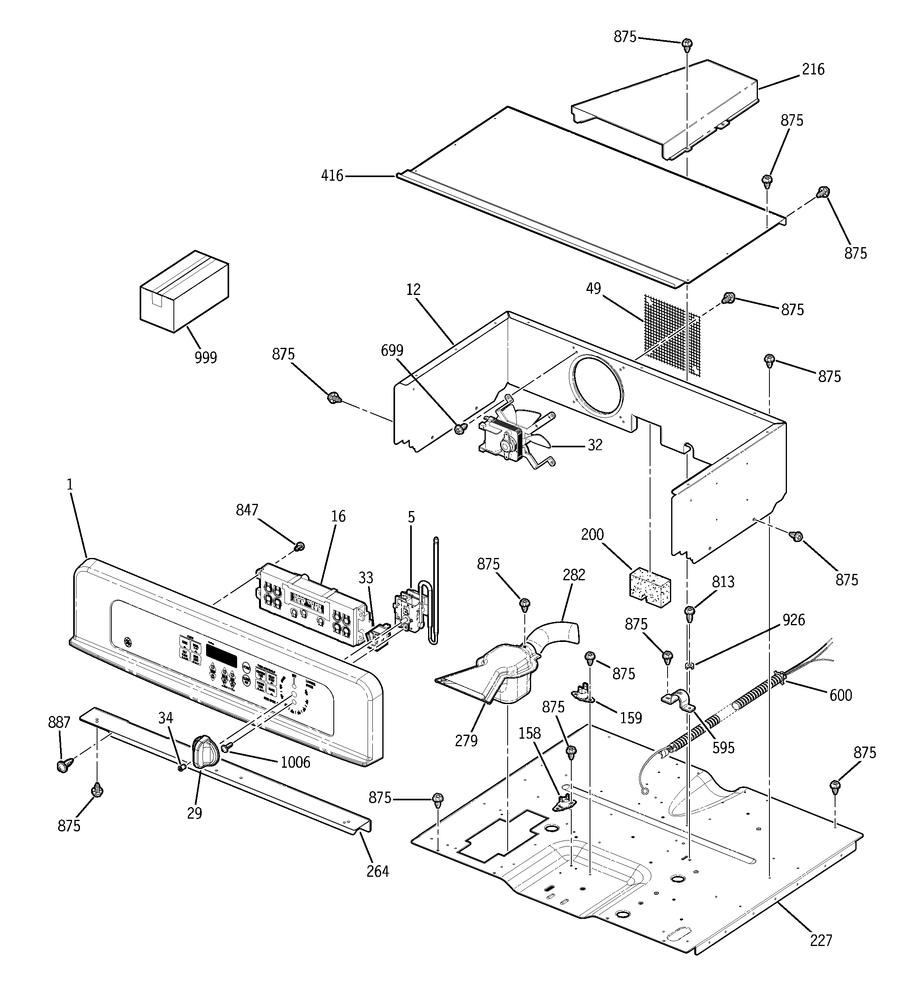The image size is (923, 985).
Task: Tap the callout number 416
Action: (x=332, y=176)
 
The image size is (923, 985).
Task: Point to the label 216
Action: (x=813, y=69)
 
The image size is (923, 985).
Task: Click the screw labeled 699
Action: (x=460, y=429)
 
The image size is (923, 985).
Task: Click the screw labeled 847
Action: (x=299, y=547)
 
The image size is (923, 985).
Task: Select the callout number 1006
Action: (x=295, y=763)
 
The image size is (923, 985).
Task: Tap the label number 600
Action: (x=841, y=695)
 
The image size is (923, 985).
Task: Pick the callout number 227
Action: (x=821, y=940)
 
